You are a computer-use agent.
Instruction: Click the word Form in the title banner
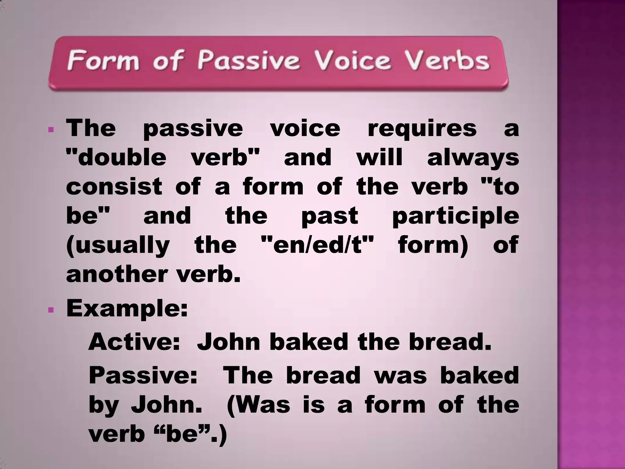pos(103,60)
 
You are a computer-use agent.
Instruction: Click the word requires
pos(422,129)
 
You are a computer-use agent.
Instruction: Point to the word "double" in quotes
pos(116,158)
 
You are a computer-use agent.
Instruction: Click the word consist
pos(114,187)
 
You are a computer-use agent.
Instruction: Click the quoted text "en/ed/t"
pos(317,245)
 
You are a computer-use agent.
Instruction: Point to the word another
pos(117,274)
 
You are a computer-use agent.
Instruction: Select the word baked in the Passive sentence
pos(479,376)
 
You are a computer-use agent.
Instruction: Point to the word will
pos(379,158)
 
